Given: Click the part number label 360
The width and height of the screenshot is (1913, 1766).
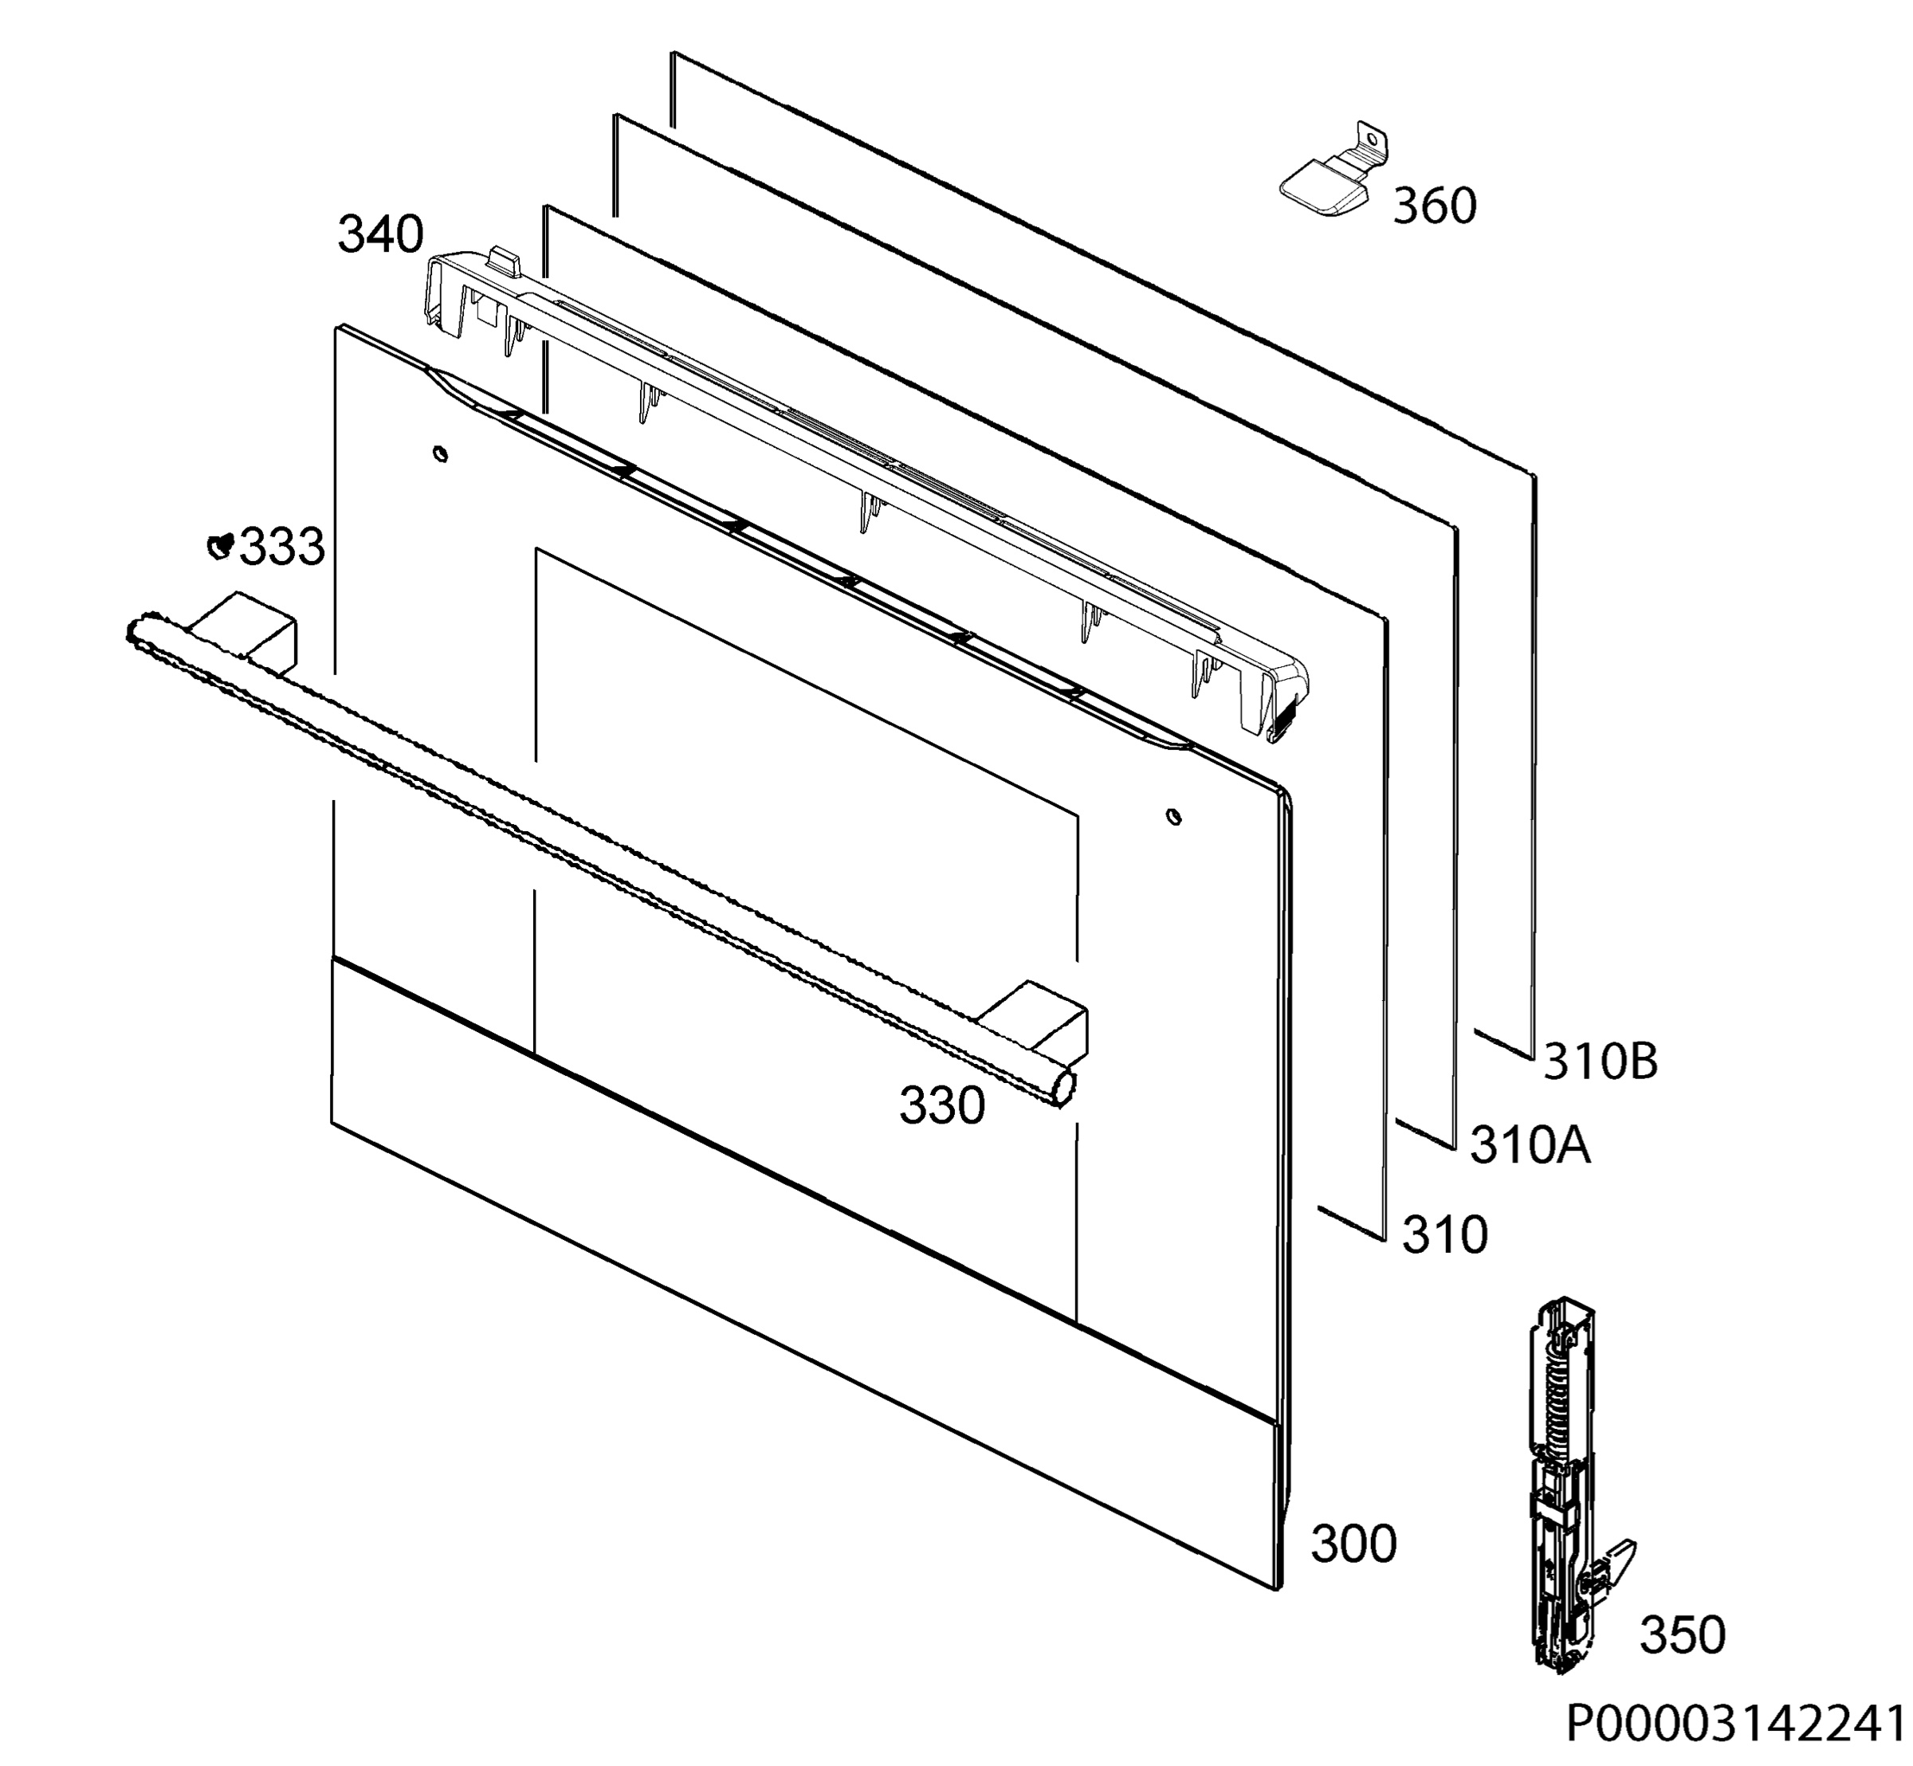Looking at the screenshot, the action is pos(1434,206).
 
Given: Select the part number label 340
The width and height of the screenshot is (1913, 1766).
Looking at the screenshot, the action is pos(380,234).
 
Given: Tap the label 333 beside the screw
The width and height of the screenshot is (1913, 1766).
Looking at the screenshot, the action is pos(282,547).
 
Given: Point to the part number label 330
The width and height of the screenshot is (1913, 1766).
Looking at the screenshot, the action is pos(941,1105).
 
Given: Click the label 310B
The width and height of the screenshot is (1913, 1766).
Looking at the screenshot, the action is pos(1601,1061).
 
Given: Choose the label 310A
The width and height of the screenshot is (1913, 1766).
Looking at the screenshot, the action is pos(1530,1145).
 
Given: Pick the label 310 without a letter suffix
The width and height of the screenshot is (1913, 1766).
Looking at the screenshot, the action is pos(1444,1234).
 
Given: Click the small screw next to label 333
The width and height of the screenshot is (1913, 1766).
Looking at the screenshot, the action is pos(221,545).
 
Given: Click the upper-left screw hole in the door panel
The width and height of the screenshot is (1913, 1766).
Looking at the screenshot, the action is pos(440,453).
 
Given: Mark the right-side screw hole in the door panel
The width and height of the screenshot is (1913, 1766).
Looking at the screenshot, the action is pos(1174,817).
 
